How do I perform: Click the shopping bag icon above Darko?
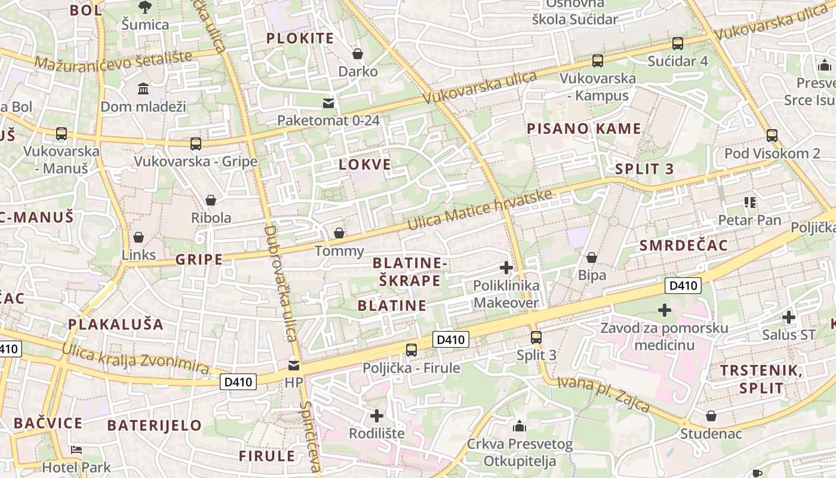click(x=358, y=54)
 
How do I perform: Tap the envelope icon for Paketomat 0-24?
click(x=328, y=103)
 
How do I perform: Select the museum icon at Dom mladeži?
click(x=143, y=89)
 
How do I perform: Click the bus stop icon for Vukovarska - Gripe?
click(x=195, y=143)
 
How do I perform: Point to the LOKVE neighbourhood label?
click(x=365, y=165)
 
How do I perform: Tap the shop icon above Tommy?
click(x=339, y=233)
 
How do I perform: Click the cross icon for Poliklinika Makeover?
click(x=506, y=268)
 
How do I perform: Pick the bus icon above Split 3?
click(x=536, y=337)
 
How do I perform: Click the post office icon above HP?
click(x=294, y=364)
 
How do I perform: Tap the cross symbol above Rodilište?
click(x=377, y=415)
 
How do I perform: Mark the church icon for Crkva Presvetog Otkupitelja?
click(x=520, y=426)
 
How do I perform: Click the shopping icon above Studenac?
click(x=711, y=415)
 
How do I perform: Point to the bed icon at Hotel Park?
click(x=76, y=450)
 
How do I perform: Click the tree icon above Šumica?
click(x=145, y=7)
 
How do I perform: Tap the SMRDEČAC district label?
click(x=684, y=246)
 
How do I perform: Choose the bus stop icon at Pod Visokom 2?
click(x=772, y=136)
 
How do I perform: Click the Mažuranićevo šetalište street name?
click(x=113, y=60)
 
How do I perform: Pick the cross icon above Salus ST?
click(x=789, y=317)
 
